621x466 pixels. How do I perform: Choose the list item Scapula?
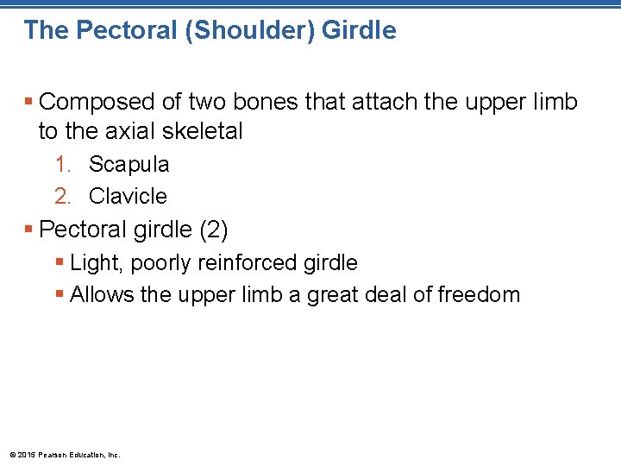point(129,164)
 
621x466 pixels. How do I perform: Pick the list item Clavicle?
point(128,196)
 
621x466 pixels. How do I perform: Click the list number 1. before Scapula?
point(63,164)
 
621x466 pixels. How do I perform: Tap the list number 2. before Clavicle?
point(63,196)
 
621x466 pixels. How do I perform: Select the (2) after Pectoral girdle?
point(213,230)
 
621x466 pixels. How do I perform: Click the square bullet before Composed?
point(29,103)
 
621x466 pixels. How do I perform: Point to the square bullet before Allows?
point(60,295)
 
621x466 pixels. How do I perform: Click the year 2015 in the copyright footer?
point(26,454)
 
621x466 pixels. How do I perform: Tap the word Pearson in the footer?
point(51,454)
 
